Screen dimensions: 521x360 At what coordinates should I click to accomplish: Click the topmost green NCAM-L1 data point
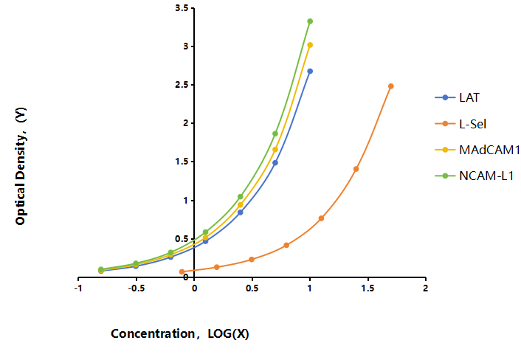tap(310, 21)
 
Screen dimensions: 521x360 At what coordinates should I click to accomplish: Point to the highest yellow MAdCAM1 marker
tap(310, 45)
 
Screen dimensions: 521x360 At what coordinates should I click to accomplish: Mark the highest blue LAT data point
tap(310, 71)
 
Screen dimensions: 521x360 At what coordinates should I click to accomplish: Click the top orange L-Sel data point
tap(391, 86)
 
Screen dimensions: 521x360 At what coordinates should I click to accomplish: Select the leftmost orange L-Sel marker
tap(182, 271)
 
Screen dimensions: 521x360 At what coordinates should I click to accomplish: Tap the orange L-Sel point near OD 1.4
tap(356, 169)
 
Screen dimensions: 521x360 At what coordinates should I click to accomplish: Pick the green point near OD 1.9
tap(275, 134)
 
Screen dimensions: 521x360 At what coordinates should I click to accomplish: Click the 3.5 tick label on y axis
tap(182, 8)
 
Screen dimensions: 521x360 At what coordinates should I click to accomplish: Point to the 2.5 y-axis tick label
tap(182, 85)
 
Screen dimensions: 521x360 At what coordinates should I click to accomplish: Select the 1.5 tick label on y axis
tap(182, 162)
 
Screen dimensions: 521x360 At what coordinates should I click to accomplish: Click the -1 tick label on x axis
tap(78, 288)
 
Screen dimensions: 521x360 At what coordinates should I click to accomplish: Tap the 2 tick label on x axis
tap(426, 288)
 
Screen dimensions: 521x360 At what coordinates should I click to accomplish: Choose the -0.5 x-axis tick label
tap(137, 288)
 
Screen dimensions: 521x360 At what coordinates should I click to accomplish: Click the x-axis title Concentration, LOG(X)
tap(180, 333)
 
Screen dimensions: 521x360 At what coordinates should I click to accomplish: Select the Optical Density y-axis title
tap(20, 166)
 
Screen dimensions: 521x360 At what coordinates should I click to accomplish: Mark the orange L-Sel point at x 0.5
tap(252, 260)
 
